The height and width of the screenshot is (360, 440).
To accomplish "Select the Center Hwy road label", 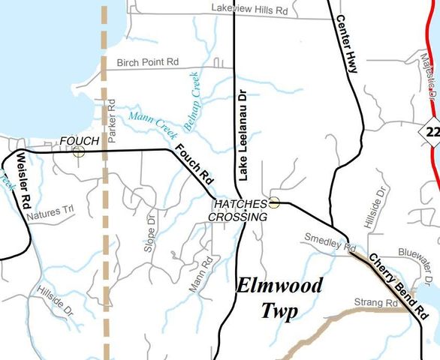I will coord(347,43).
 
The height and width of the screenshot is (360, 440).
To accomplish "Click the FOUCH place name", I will coord(79,141).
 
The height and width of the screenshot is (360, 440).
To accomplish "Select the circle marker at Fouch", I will coord(79,151).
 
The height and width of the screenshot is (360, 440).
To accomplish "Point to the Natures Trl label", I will coord(51,214).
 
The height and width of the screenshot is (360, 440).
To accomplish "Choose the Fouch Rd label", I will coord(194,166).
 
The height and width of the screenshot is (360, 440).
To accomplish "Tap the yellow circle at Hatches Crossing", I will coord(275,202).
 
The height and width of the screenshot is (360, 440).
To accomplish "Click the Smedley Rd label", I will coord(329,241).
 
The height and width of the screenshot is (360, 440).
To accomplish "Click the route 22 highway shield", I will coord(431,132).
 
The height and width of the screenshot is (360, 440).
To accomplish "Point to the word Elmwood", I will coord(280,286).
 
